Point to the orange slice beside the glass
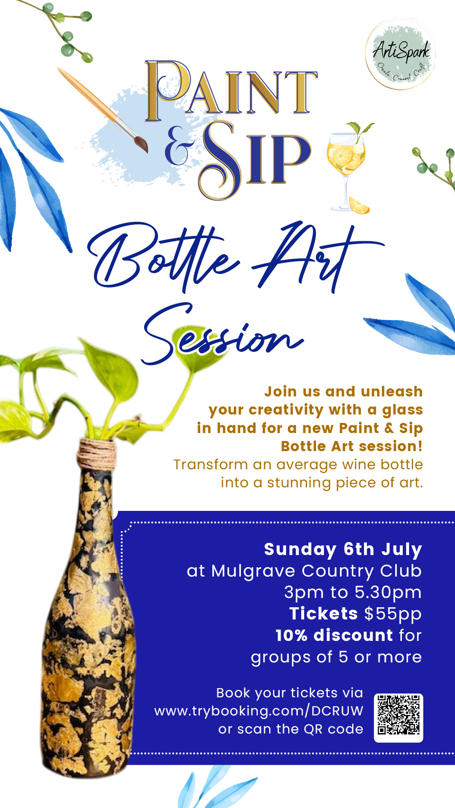(359, 205)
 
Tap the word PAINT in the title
(231, 91)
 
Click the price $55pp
(393, 614)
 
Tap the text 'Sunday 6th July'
(343, 550)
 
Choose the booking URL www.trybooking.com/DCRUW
(259, 711)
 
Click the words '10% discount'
(334, 635)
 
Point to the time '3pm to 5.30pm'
(353, 593)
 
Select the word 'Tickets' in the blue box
(324, 614)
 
